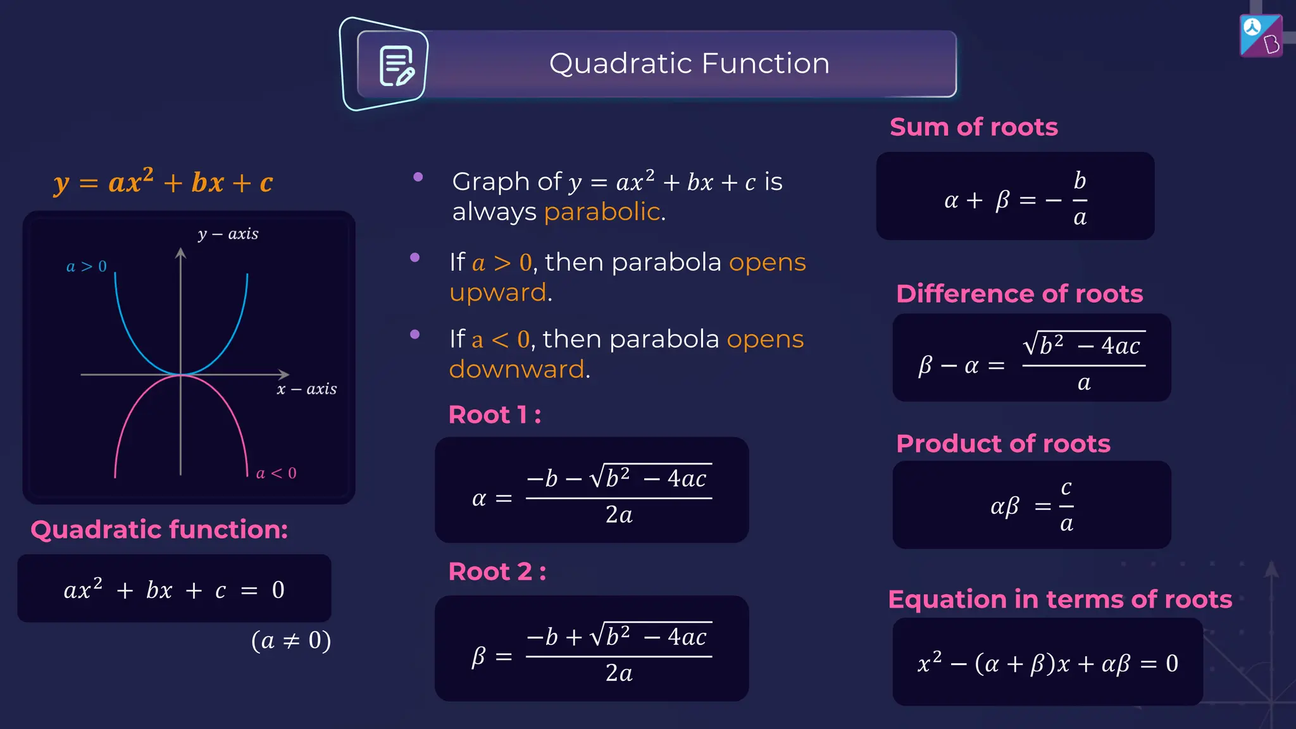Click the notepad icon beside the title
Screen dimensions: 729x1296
tap(396, 65)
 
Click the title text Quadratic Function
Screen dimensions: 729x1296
tap(689, 64)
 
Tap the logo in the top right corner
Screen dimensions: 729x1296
tap(1261, 36)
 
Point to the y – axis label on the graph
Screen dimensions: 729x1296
tap(228, 234)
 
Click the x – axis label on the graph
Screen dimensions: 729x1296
tap(307, 389)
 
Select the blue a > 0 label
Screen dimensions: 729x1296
tap(87, 266)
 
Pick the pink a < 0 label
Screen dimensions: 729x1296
tap(276, 473)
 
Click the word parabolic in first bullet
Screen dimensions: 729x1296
tap(602, 212)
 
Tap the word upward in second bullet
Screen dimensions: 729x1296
tap(498, 292)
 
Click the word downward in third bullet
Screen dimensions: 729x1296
tap(517, 369)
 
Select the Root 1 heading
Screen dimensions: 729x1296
tap(494, 415)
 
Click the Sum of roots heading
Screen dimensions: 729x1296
tap(973, 127)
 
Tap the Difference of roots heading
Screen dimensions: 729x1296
tap(1019, 294)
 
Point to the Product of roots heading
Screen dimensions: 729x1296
tap(1003, 444)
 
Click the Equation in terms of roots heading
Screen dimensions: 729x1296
tap(1060, 599)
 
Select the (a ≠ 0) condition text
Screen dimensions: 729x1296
tap(291, 640)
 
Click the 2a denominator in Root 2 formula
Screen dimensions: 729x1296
tap(618, 673)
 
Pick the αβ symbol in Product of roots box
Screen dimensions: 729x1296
tap(1005, 506)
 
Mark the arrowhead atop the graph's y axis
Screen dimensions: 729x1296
tap(180, 253)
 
